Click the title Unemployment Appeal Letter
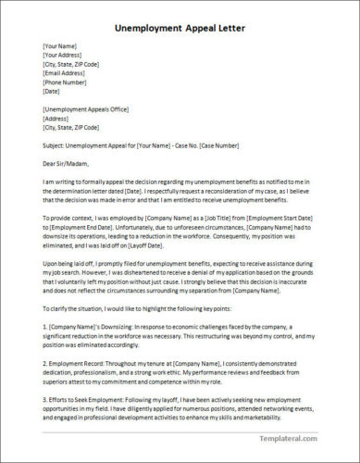pos(180,28)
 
